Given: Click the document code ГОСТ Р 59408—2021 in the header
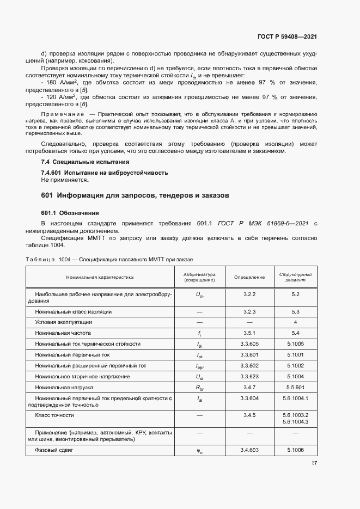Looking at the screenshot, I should (288, 36).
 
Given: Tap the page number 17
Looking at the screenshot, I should (314, 463).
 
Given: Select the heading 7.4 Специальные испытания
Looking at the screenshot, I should (85, 162).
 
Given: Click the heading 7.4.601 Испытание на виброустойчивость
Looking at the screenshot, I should (105, 173).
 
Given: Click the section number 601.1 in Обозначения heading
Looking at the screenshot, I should (51, 213).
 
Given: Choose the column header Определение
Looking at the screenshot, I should (249, 277).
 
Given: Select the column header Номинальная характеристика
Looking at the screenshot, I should (100, 277).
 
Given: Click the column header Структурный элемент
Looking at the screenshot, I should (296, 277).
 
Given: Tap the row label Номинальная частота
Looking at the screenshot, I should (63, 333).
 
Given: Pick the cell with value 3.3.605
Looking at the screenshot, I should (249, 344).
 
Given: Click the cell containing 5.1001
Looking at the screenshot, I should (296, 355).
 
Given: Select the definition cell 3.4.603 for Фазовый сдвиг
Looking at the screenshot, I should (249, 451).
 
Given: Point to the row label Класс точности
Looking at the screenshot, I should (54, 415).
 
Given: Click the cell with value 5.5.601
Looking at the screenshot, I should (296, 388).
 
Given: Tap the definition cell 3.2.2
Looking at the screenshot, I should (249, 294).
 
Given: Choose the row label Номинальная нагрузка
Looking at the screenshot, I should (64, 388).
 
